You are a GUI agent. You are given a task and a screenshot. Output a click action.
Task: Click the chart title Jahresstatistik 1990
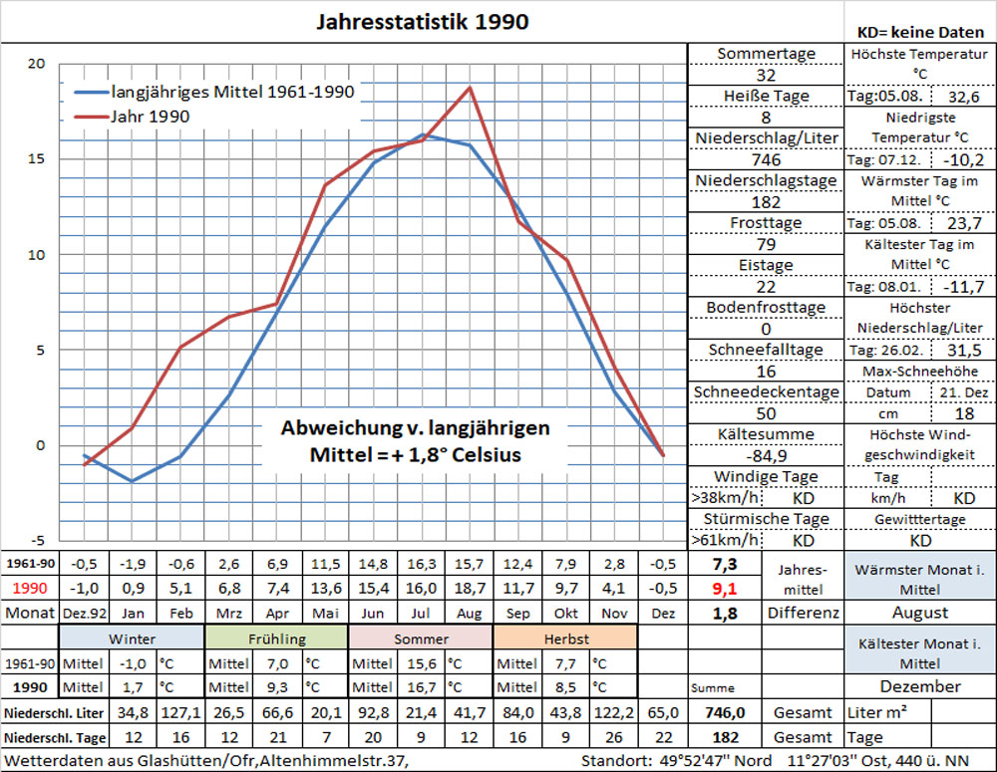pyautogui.click(x=422, y=21)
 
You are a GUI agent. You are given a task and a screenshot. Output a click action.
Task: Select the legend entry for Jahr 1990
pyautogui.click(x=150, y=117)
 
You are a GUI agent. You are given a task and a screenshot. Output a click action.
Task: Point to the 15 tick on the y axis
pyautogui.click(x=37, y=159)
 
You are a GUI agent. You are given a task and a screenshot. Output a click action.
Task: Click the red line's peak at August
pyautogui.click(x=470, y=88)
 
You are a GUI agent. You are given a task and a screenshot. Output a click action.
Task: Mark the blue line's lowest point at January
pyautogui.click(x=132, y=481)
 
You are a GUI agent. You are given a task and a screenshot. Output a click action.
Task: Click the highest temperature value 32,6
pyautogui.click(x=963, y=97)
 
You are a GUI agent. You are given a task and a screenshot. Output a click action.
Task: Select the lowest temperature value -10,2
pyautogui.click(x=963, y=159)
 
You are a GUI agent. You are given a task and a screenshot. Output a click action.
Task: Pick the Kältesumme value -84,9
pyautogui.click(x=766, y=455)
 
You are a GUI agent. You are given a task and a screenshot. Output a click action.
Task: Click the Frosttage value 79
pyautogui.click(x=766, y=244)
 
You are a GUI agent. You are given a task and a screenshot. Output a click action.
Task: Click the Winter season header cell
pyautogui.click(x=132, y=639)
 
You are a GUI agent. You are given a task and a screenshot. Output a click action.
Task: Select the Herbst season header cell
pyautogui.click(x=564, y=639)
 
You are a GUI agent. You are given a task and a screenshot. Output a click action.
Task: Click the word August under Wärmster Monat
pyautogui.click(x=920, y=613)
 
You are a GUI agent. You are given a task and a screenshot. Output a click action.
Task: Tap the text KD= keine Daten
pyautogui.click(x=920, y=32)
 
